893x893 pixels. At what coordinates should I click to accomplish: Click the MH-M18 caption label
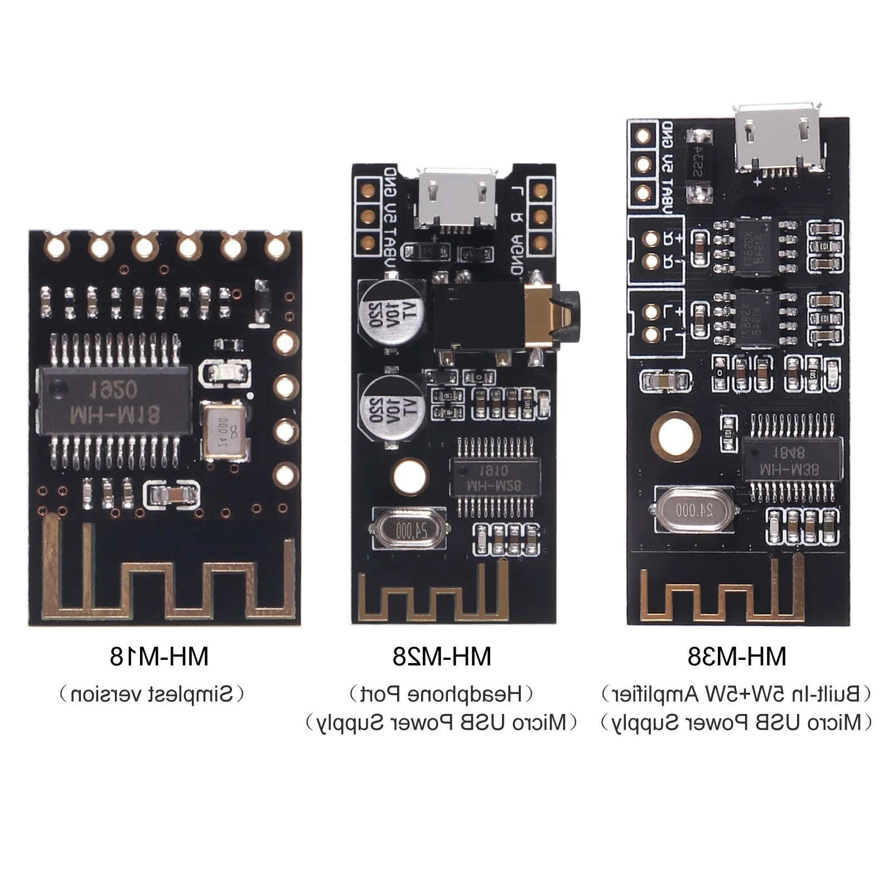159,657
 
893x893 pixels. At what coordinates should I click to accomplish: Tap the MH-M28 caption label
442,657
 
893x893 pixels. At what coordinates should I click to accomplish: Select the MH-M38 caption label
736,657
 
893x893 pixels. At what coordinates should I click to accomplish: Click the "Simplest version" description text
159,695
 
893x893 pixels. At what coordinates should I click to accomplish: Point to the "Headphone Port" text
442,695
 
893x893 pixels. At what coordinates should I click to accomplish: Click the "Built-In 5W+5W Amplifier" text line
736,695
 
